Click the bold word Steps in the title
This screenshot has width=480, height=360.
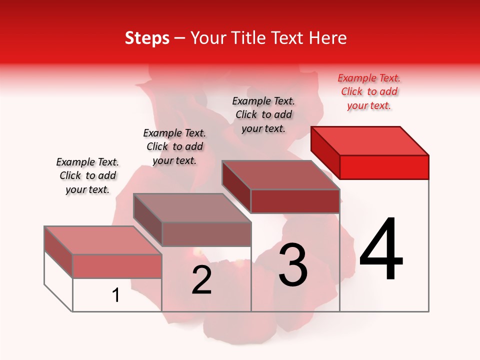147,38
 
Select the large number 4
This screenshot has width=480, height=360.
381,250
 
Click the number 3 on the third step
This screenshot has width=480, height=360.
293,265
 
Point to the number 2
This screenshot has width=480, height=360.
202,280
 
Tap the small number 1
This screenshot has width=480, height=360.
116,295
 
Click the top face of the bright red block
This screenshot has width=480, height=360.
370,141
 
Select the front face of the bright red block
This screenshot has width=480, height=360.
384,167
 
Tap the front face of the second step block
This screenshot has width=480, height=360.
206,234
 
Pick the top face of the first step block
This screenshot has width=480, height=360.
103,240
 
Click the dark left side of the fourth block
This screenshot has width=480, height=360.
325,150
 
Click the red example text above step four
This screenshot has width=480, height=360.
369,92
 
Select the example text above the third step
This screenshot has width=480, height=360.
263,114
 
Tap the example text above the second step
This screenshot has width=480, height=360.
174,146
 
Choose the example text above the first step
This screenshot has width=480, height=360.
87,175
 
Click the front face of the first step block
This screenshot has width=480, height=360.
117,266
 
